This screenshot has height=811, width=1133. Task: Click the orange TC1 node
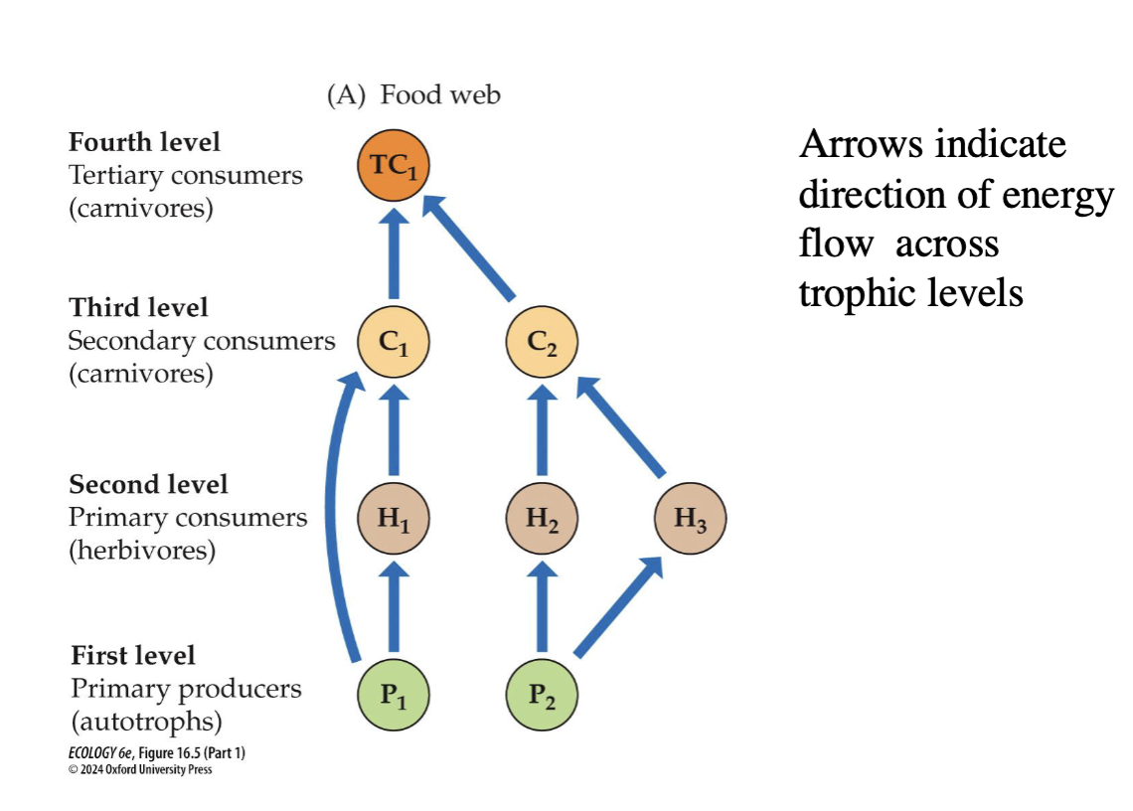click(x=394, y=166)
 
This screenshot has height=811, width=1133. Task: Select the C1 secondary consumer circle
click(x=394, y=342)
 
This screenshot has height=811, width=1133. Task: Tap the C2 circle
click(x=542, y=342)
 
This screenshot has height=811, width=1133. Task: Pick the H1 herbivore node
click(x=394, y=518)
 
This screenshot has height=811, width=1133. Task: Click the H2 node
click(x=542, y=518)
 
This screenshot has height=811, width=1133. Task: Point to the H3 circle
click(x=690, y=518)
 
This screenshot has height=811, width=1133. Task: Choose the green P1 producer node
click(x=394, y=695)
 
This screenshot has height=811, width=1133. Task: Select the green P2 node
click(x=542, y=695)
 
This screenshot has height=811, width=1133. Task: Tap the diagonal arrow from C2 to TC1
click(x=468, y=247)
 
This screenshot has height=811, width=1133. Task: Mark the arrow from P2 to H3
click(x=618, y=606)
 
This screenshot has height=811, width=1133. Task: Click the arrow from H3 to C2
click(x=621, y=426)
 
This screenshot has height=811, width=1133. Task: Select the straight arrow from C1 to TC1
click(x=394, y=253)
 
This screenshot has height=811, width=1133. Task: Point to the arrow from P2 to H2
click(x=542, y=607)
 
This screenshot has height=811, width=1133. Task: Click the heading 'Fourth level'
click(x=144, y=142)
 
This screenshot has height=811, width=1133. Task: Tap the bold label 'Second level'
click(x=148, y=484)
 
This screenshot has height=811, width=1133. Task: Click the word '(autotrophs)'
click(x=147, y=722)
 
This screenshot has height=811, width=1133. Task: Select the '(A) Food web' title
click(x=413, y=94)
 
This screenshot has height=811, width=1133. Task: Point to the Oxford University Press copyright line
click(x=140, y=770)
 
